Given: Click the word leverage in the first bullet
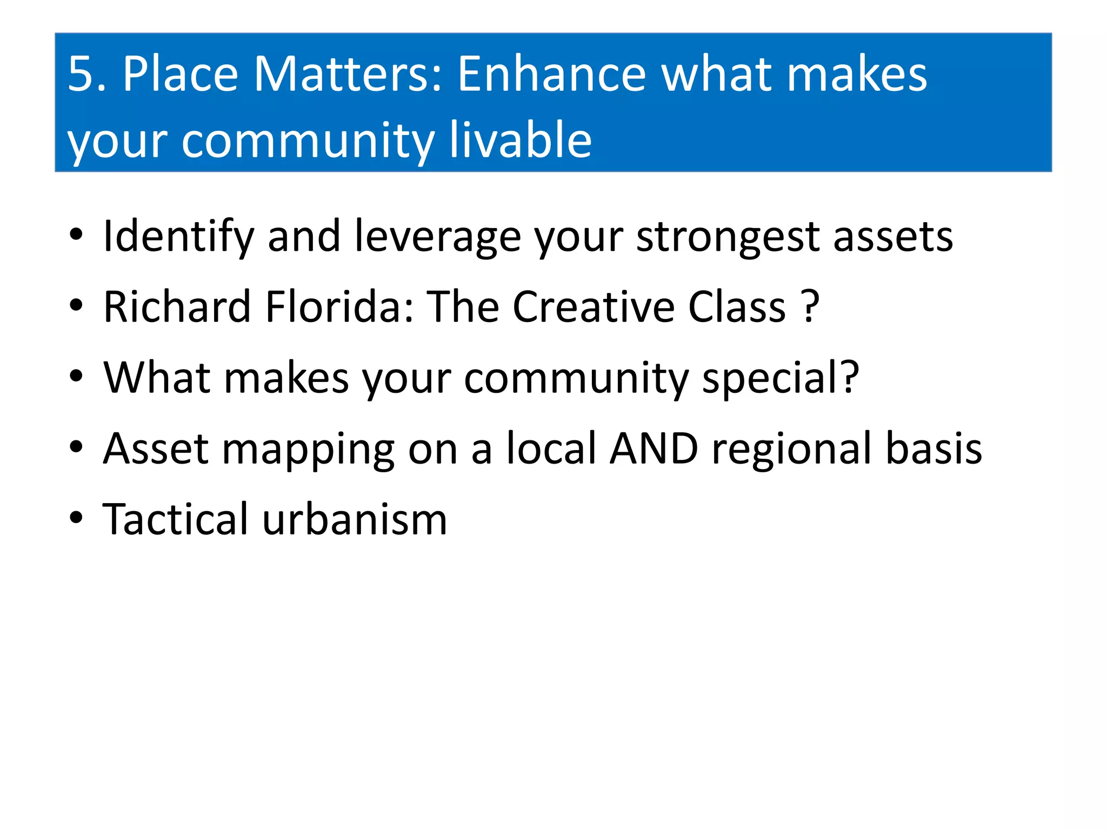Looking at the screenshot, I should (437, 237).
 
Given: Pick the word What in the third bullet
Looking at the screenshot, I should (157, 378).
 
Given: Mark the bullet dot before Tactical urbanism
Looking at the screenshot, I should (76, 518).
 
